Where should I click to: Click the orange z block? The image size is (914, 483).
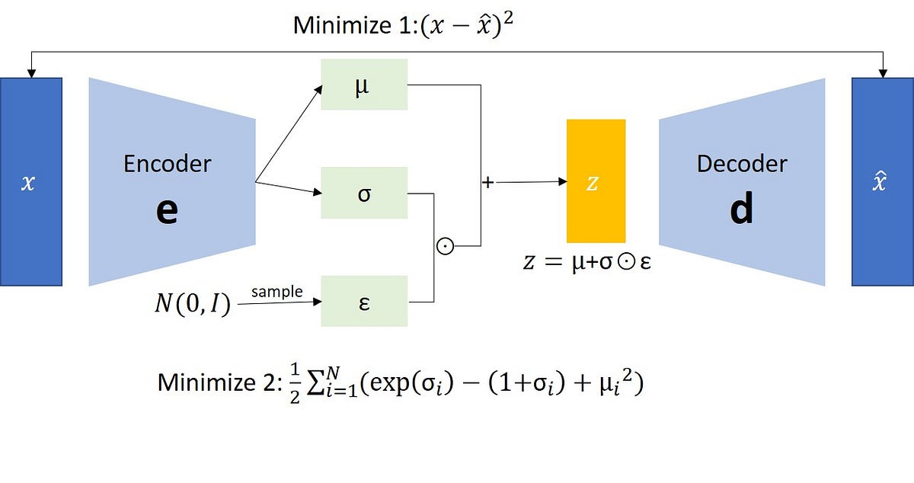(x=596, y=181)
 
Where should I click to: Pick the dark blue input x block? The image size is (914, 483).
(x=30, y=181)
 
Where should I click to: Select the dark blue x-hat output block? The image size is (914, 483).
(x=882, y=181)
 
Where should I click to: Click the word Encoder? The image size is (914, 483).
(x=168, y=163)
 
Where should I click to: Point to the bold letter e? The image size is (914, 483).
(x=167, y=210)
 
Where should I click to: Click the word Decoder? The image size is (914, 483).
(x=742, y=163)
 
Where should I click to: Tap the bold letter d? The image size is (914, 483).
(x=741, y=209)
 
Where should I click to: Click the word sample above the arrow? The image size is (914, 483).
(x=276, y=292)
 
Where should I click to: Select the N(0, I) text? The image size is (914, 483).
(x=191, y=307)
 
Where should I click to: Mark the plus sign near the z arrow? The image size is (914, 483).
(x=487, y=183)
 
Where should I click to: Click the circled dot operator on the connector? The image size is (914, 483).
(x=445, y=246)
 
